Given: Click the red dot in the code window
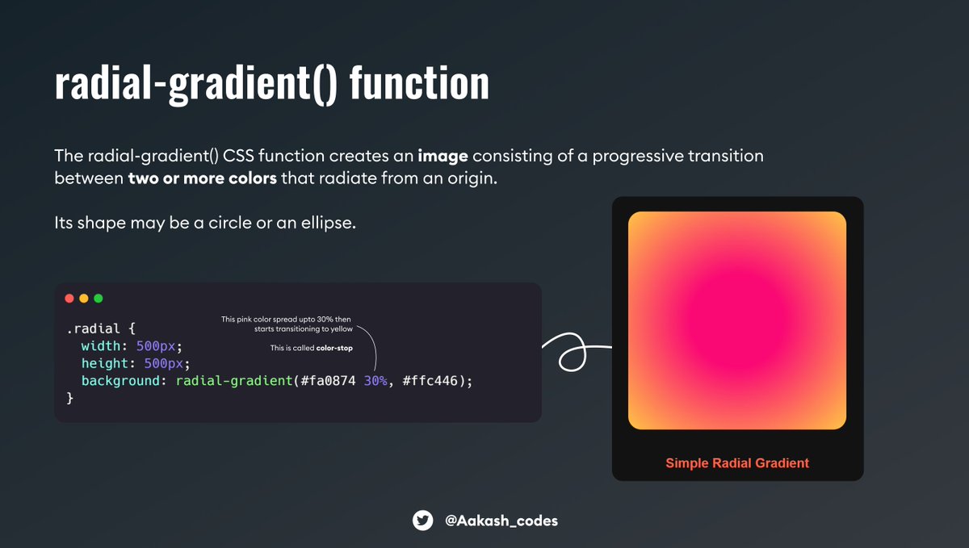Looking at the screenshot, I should (x=69, y=299).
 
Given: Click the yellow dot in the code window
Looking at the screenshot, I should (x=84, y=299).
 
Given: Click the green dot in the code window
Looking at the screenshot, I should (x=99, y=299).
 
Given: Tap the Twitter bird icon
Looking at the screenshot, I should (x=422, y=521).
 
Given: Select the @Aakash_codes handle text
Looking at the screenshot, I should (x=501, y=521).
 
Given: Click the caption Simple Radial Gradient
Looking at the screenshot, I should (x=736, y=463).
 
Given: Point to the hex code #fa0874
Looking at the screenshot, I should (x=329, y=381).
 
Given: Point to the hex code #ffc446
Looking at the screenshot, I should (x=432, y=381).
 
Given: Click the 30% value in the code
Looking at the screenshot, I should (x=375, y=381).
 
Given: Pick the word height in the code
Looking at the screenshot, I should (x=105, y=363).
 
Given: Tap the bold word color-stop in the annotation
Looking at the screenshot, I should (x=334, y=349).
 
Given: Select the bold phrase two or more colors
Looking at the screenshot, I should (x=202, y=178).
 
